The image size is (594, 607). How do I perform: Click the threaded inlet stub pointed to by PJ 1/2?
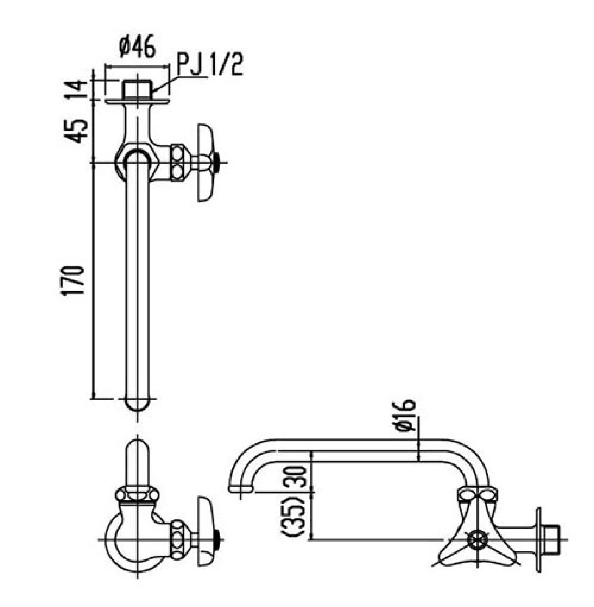[x=137, y=89]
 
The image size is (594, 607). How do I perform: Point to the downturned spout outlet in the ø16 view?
[x=241, y=488]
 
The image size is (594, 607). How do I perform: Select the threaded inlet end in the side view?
[x=552, y=540]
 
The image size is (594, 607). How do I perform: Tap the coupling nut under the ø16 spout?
[x=477, y=495]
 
